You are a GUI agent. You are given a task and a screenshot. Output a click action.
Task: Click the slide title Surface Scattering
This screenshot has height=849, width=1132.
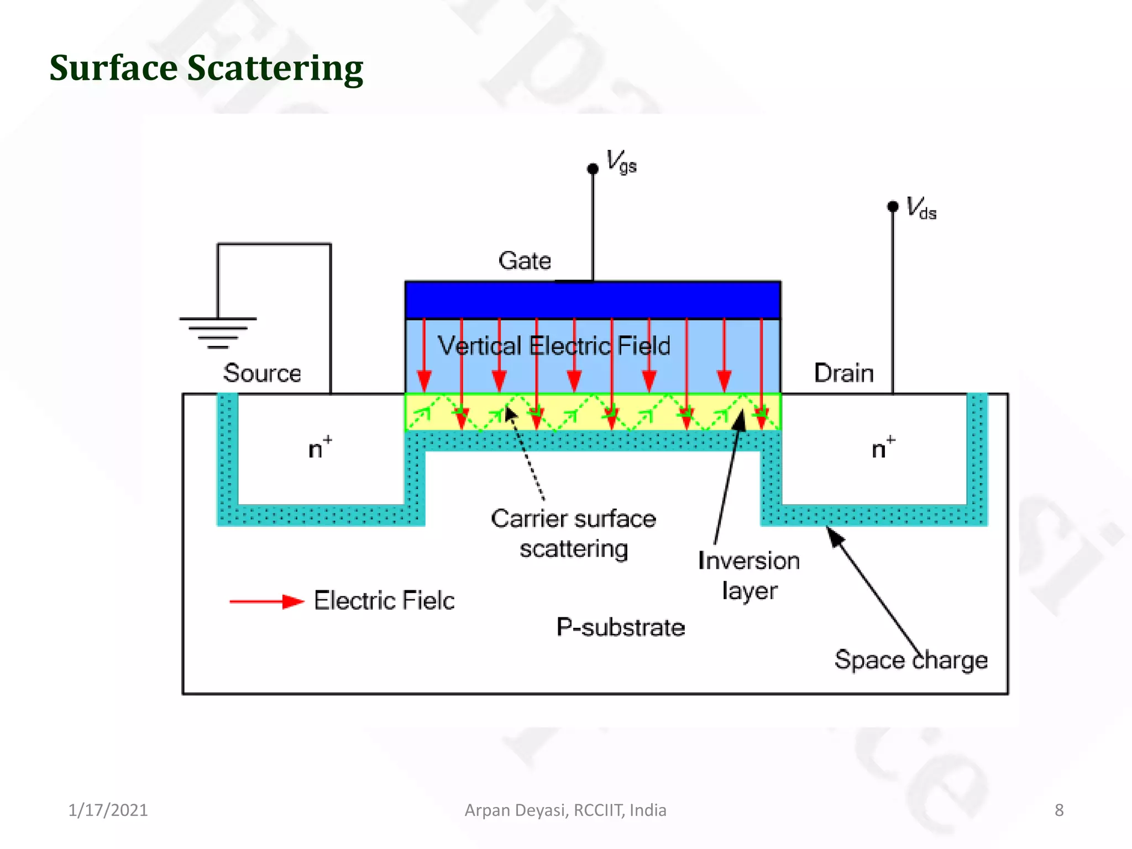coord(206,68)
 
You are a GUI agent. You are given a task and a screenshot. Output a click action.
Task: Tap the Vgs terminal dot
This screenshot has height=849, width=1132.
coord(593,169)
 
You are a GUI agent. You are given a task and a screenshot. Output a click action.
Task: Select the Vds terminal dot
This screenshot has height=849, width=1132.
coord(892,206)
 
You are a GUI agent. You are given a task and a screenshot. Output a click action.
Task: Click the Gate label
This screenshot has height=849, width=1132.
coord(525,261)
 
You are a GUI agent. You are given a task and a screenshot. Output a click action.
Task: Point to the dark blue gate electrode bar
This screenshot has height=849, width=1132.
coord(593,300)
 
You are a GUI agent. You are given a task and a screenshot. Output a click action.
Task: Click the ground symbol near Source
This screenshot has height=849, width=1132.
coord(218,332)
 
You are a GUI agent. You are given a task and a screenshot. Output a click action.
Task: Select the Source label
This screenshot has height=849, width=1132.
coord(262,373)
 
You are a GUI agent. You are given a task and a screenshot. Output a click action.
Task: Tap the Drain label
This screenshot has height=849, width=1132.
coord(843,373)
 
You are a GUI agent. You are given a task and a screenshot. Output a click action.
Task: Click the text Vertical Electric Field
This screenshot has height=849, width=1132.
coord(554,346)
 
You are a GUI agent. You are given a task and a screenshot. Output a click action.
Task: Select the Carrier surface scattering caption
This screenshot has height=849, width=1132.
coord(574,533)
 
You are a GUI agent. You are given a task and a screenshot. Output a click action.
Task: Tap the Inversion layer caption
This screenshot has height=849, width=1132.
coord(749,575)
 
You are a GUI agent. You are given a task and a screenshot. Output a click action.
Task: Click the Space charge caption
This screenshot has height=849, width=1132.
coord(911,660)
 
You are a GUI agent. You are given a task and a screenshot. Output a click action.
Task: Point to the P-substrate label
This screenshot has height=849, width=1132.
coord(620,627)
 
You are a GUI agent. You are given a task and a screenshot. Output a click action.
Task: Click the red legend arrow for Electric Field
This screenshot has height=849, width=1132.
coord(266,601)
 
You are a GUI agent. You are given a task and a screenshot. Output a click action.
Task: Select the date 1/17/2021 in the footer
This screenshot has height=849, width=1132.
coord(108,810)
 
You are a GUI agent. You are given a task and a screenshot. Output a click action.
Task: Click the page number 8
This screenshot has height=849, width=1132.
coord(1058,810)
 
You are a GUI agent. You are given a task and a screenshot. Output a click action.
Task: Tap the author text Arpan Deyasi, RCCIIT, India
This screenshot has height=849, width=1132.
coord(565,810)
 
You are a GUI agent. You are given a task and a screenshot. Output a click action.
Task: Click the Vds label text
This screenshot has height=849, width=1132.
coord(921,209)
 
